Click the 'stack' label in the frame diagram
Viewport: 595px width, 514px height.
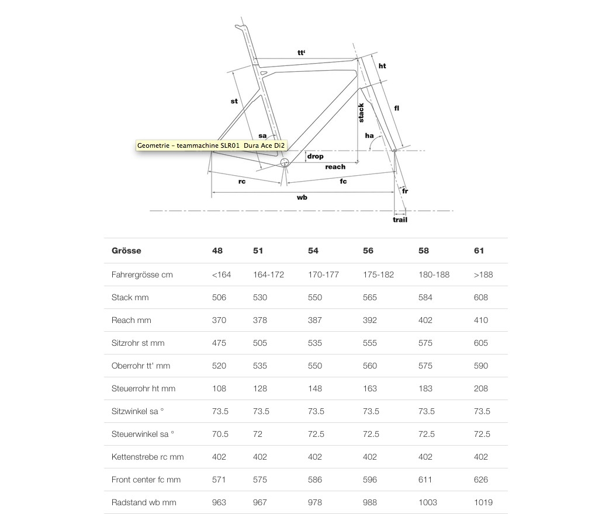pyautogui.click(x=361, y=113)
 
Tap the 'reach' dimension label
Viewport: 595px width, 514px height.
pyautogui.click(x=335, y=167)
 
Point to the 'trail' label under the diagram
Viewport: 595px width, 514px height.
pyautogui.click(x=400, y=220)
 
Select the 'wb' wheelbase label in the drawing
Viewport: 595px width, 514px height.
pyautogui.click(x=302, y=197)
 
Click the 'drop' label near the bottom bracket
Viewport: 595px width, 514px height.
pyautogui.click(x=315, y=157)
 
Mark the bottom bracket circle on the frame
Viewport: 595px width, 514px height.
pyautogui.click(x=285, y=162)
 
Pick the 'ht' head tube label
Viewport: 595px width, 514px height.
pyautogui.click(x=382, y=66)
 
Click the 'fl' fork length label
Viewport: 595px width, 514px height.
pyautogui.click(x=397, y=108)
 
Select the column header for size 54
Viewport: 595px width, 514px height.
pyautogui.click(x=313, y=251)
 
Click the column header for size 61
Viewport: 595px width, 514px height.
pyautogui.click(x=479, y=251)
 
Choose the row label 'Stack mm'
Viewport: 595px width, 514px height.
pyautogui.click(x=130, y=297)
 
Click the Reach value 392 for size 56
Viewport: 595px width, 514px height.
pyautogui.click(x=370, y=320)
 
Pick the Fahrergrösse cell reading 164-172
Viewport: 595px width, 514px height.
pyautogui.click(x=268, y=275)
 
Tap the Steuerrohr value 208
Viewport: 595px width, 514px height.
pyautogui.click(x=481, y=388)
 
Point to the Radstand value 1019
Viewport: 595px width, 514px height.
pyautogui.click(x=483, y=502)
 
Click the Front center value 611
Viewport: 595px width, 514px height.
pyautogui.click(x=425, y=480)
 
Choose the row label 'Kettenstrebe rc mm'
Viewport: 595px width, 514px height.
pyautogui.click(x=147, y=457)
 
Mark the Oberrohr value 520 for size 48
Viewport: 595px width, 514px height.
pyautogui.click(x=219, y=366)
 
